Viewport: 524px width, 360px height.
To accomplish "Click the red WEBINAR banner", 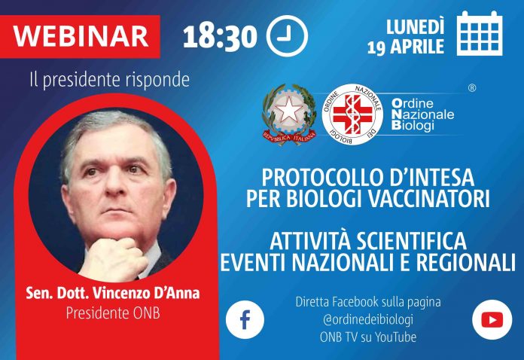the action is [80, 36].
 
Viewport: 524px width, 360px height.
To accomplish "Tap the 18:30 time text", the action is [221, 37].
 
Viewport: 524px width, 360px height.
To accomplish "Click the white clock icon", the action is [287, 35].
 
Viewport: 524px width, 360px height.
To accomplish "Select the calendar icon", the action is [480, 33].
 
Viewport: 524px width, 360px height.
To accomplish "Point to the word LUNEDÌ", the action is [416, 26].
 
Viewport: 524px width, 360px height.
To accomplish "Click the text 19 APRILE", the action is [406, 47].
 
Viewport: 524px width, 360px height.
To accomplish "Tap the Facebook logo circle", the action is [245, 319].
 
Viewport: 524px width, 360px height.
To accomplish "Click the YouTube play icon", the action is [492, 319].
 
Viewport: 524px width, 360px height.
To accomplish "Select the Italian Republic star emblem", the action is [289, 114].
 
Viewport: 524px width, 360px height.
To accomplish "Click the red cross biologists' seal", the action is [352, 114].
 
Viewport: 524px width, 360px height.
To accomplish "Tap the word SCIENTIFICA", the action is [411, 241].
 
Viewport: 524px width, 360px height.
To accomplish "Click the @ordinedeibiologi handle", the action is [368, 319].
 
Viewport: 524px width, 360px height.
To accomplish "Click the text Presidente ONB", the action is [113, 313].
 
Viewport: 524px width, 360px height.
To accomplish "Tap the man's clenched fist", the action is [113, 258].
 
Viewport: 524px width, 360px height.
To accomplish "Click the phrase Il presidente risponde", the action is [110, 81].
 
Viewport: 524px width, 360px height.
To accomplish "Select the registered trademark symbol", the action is [472, 88].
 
